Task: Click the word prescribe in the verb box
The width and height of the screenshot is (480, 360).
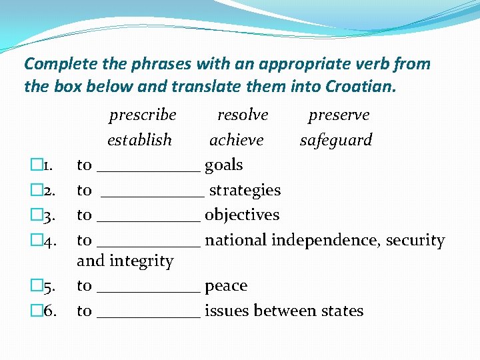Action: [x=143, y=115]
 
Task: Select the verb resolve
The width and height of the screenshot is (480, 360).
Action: [x=243, y=115]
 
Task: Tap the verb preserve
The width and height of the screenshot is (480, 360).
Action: [x=339, y=115]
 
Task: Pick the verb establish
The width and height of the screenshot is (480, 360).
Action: [x=139, y=140]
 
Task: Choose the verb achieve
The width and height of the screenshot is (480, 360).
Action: [x=236, y=140]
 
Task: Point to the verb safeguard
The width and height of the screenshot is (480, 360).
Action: [x=336, y=141]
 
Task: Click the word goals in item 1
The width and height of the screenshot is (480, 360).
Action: [x=223, y=165]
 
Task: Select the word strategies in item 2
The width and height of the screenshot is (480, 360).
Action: [x=245, y=191]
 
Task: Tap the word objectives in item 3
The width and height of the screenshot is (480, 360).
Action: [x=242, y=215]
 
